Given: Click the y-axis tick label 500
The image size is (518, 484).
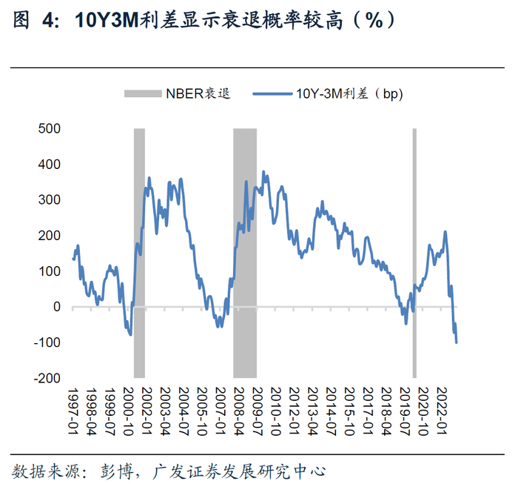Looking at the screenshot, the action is tap(50, 128).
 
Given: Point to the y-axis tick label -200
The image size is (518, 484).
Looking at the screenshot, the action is tap(47, 378).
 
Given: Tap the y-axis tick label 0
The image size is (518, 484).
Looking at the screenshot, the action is tap(57, 307).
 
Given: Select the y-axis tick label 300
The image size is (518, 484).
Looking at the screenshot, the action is tap(50, 199).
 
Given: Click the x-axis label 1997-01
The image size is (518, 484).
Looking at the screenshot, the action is tap(73, 411).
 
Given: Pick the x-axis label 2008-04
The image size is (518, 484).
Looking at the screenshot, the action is tap(239, 411).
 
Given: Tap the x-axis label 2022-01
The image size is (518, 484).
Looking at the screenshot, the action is tap(442, 411).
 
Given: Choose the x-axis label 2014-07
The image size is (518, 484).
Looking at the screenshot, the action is tap(331, 411).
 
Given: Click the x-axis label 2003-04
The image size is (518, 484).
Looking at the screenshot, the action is tap(165, 411).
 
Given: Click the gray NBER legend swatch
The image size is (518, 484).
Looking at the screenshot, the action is tap(143, 93).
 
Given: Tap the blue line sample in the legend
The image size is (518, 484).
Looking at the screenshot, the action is tap(272, 94).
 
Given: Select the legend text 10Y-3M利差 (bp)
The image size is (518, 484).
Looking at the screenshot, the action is tap(349, 94).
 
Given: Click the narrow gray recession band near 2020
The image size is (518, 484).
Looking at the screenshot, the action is tap(414, 253).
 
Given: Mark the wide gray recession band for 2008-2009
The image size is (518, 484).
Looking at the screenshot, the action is tap(245, 253).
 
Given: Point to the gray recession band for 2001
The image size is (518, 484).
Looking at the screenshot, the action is tap(139, 253).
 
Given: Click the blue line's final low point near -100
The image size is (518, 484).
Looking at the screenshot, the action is tap(457, 342).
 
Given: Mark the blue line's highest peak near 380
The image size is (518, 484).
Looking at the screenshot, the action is tap(263, 172).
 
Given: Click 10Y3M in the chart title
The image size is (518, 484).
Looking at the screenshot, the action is tap(107, 20).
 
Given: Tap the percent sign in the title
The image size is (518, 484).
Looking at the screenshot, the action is tap(374, 20).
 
